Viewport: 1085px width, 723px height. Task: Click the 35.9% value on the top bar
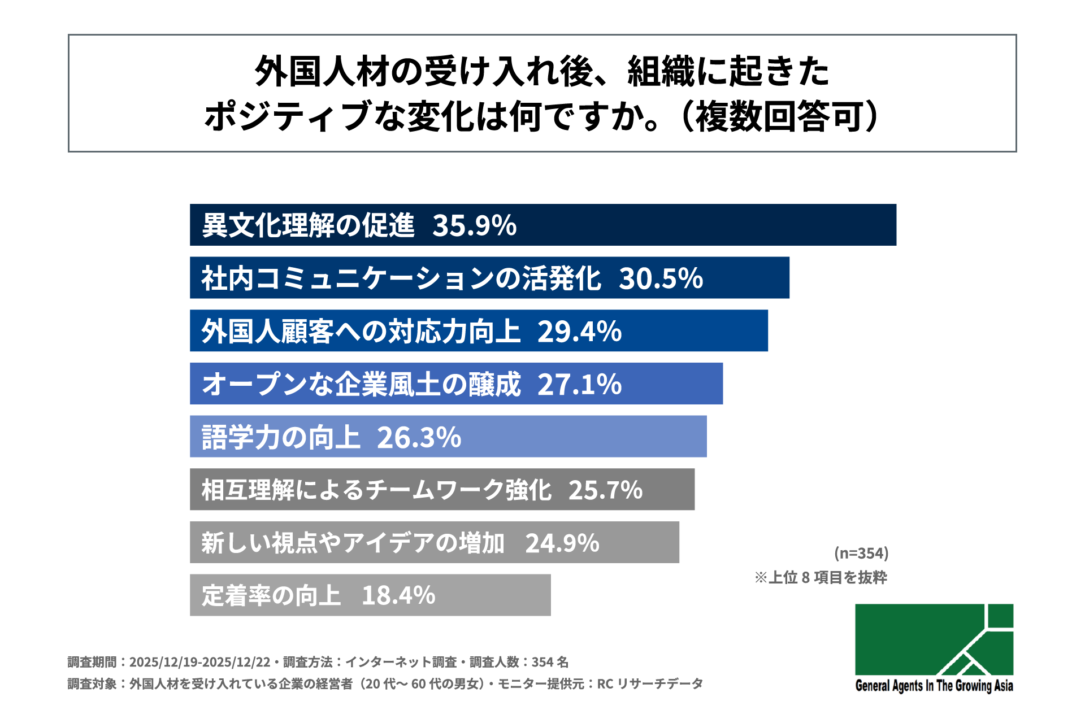[x=474, y=225]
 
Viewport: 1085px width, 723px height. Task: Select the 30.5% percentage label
[x=661, y=278]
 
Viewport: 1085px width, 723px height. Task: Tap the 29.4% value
[x=579, y=332]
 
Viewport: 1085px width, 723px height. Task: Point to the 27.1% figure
[x=579, y=385]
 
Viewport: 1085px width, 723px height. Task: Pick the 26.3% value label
[x=419, y=438]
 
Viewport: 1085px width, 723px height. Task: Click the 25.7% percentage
[x=605, y=490]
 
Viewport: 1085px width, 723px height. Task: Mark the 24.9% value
[x=562, y=543]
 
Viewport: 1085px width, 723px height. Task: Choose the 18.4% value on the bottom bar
[x=398, y=596]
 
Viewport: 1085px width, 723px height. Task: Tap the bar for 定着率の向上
[x=492, y=595]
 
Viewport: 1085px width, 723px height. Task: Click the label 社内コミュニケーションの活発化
[x=401, y=278]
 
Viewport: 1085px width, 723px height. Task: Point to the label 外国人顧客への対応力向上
[x=361, y=332]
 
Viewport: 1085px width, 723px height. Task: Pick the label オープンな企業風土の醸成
[x=361, y=385]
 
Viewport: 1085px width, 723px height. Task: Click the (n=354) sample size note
[x=861, y=553]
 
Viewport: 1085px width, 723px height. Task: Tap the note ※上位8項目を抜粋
[x=821, y=577]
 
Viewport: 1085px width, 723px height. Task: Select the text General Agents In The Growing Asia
[x=934, y=686]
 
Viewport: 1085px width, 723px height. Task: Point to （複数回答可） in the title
[x=780, y=117]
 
